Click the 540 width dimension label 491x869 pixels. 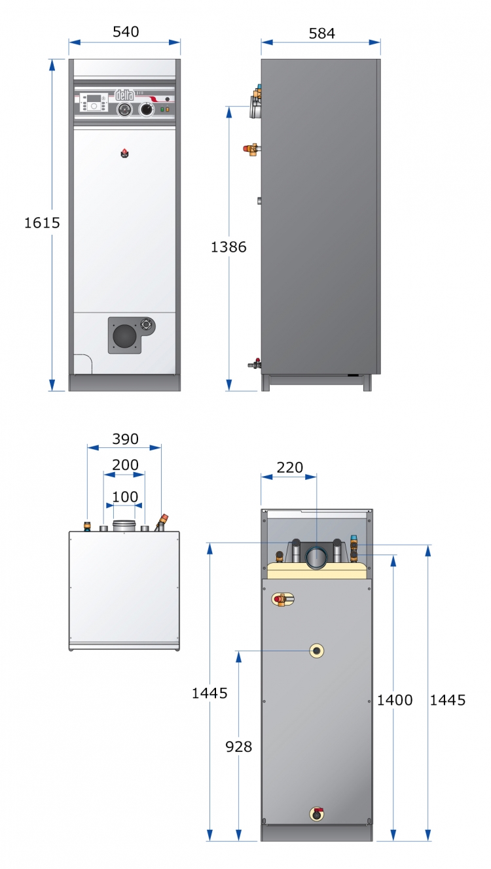tap(126, 32)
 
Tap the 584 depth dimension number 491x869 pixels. tap(321, 34)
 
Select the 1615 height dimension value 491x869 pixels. tap(42, 223)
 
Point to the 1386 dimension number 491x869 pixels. tap(228, 247)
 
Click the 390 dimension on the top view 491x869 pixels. tap(125, 439)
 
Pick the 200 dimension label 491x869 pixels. tap(125, 465)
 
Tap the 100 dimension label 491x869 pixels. tap(125, 496)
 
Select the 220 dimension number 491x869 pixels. tap(290, 468)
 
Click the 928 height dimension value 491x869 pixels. tap(238, 747)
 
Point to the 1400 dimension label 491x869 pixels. tap(395, 700)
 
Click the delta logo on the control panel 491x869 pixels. tap(124, 95)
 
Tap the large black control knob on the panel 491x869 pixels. tap(147, 109)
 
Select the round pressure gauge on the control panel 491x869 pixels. tap(124, 110)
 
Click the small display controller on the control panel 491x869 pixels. tap(93, 103)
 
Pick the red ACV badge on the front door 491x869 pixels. tap(124, 154)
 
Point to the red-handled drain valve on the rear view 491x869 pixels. tap(317, 814)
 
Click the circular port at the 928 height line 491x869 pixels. tap(317, 651)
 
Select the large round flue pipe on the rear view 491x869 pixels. tap(316, 558)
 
